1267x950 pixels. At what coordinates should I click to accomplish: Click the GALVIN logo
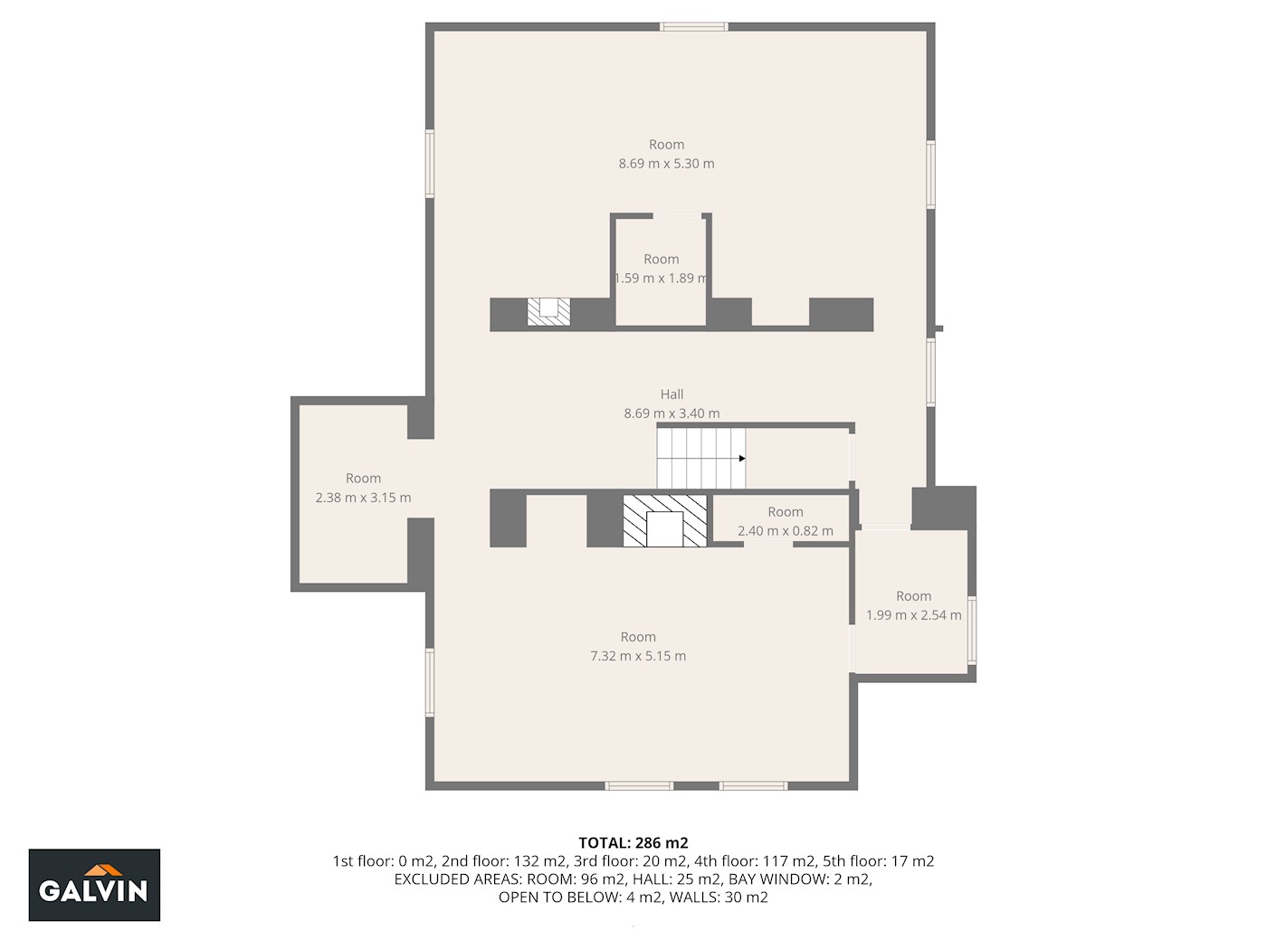[94, 884]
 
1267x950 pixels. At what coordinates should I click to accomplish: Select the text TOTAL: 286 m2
[633, 842]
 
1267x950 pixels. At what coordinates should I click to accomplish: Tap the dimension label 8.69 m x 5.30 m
[666, 163]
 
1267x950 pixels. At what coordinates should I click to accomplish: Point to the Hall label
[672, 394]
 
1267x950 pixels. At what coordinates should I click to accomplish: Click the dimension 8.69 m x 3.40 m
[672, 413]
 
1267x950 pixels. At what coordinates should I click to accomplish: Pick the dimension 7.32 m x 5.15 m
[638, 656]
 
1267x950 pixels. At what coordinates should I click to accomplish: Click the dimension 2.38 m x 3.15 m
[363, 498]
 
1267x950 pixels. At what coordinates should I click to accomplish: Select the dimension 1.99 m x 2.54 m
[914, 615]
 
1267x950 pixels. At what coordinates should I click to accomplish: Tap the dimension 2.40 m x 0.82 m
[785, 531]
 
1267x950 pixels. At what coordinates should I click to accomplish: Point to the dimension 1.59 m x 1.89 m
[661, 278]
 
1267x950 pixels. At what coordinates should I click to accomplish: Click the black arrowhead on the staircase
[742, 459]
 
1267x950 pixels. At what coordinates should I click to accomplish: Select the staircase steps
[700, 458]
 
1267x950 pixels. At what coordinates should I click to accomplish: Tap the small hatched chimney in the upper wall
[548, 312]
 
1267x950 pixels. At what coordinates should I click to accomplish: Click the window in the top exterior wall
[694, 26]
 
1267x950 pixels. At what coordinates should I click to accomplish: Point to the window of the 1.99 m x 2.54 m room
[972, 631]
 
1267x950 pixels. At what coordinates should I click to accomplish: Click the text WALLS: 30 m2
[719, 897]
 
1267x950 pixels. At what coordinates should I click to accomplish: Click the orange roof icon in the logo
[103, 869]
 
